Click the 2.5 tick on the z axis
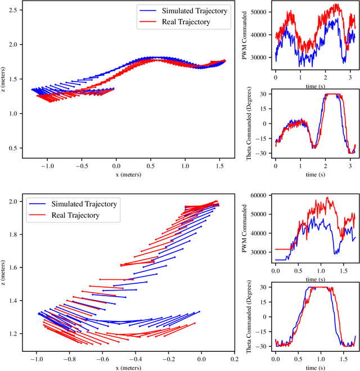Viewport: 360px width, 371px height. click(12, 10)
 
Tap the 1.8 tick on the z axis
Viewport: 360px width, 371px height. click(12, 234)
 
